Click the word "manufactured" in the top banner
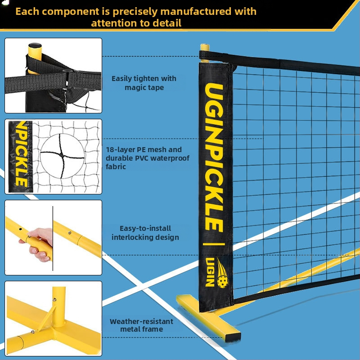[x=196, y=11]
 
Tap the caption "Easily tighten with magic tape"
[x=144, y=83]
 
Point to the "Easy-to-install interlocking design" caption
[x=145, y=233]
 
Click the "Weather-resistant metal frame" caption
[x=141, y=325]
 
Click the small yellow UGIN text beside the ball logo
[x=210, y=272]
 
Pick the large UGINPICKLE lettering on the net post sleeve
[x=214, y=157]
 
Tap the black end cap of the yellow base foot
[x=233, y=337]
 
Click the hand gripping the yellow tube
[x=40, y=243]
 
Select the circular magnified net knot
[x=62, y=156]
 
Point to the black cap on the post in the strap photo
[x=35, y=45]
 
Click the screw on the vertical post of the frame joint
[x=54, y=299]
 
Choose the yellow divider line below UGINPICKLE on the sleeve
[x=214, y=244]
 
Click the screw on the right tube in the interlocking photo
[x=70, y=233]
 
